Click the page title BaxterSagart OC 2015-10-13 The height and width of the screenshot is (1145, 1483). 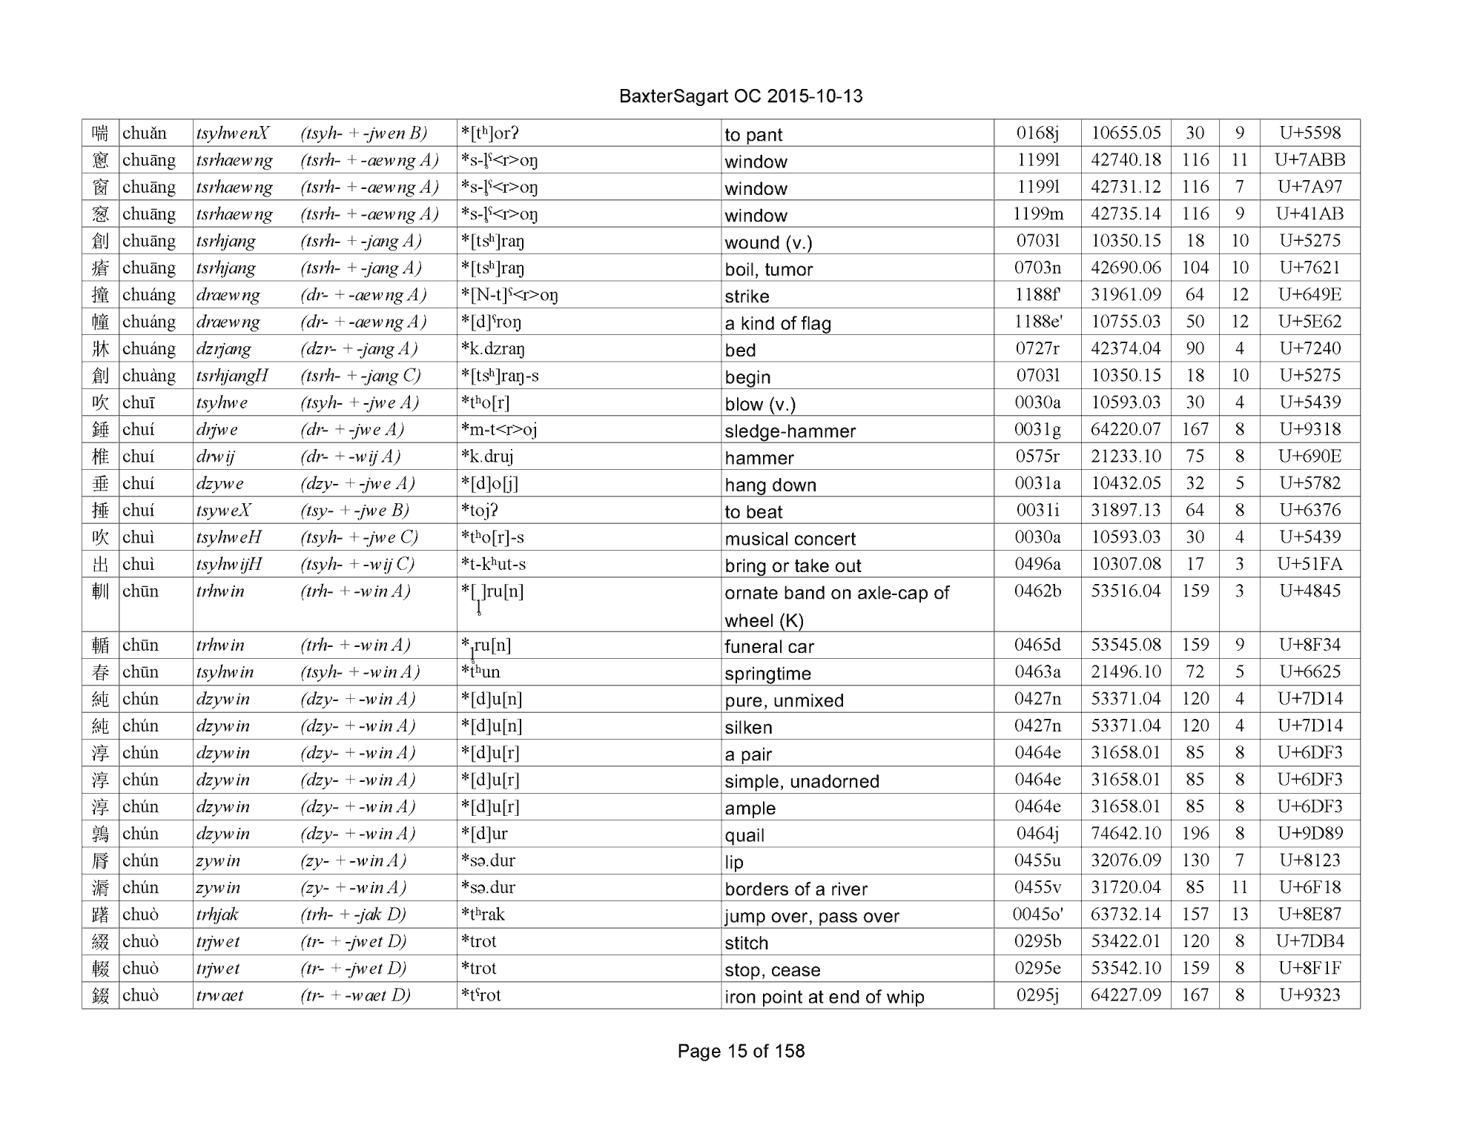pos(740,96)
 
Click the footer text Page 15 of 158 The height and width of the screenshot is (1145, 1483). pos(741,1051)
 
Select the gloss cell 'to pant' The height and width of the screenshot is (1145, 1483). pos(753,135)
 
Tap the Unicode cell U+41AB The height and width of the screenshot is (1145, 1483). pos(1309,214)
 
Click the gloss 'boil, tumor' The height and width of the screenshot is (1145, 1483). pos(768,270)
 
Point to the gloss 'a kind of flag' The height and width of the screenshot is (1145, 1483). pos(778,324)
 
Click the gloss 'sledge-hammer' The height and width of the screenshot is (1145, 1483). pos(790,431)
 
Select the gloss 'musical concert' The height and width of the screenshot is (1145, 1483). pos(790,539)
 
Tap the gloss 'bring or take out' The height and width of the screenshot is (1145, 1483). pos(793,566)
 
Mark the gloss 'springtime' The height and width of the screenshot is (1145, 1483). pos(767,674)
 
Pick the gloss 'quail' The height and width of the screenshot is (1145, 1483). pos(744,835)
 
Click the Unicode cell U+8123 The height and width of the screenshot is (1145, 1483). pos(1309,860)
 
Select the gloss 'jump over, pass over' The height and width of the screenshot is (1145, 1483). pos(812,916)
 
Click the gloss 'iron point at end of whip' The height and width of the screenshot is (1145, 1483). pos(824,997)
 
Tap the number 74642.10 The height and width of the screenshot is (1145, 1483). pos(1126,834)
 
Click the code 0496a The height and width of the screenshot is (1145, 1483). pos(1037,565)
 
